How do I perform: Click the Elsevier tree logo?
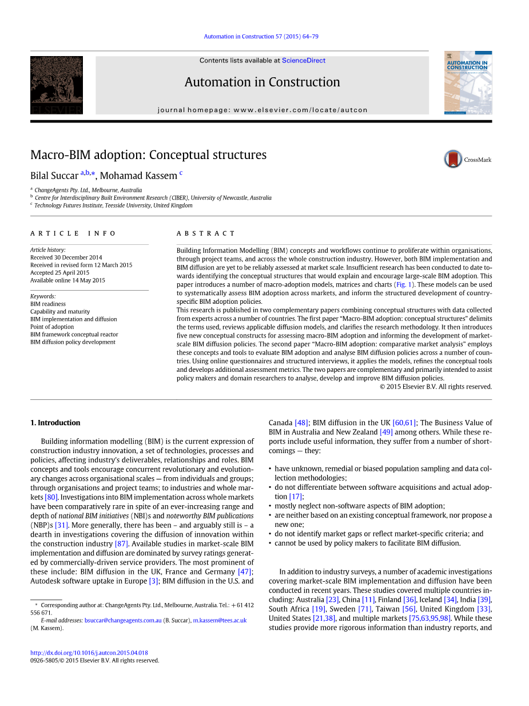pos(57,85)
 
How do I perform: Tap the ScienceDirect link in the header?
pos(304,61)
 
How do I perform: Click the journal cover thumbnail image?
pos(468,82)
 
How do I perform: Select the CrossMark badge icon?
pos(453,159)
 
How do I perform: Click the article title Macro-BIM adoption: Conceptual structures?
pos(148,155)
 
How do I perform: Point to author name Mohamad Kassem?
pos(138,176)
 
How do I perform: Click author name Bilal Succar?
pos(54,176)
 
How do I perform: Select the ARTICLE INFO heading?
pos(73,233)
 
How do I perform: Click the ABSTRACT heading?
pos(206,233)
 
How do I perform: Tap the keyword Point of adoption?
pos(52,327)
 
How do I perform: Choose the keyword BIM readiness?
pos(48,304)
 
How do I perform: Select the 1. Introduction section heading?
pos(55,423)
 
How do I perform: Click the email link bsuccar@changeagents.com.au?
pos(123,620)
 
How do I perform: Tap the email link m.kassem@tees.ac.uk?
pos(220,620)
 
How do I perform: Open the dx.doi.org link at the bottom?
pos(89,653)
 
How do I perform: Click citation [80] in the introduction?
pos(51,497)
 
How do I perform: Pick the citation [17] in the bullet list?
pos(296,497)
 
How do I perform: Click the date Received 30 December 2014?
pos(66,257)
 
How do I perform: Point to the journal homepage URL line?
pos(262,110)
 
